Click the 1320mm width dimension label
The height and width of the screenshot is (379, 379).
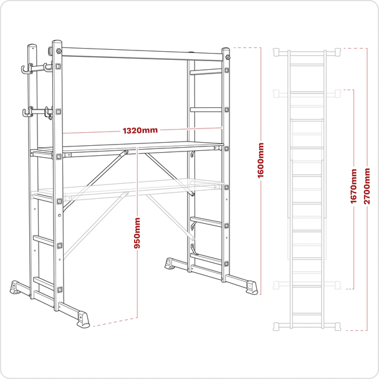point(140,131)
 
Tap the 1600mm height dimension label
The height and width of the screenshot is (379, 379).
point(261,159)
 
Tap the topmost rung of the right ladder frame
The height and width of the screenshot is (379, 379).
point(206,72)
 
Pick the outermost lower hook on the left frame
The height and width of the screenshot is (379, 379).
point(27,113)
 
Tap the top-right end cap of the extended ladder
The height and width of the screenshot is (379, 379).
point(337,51)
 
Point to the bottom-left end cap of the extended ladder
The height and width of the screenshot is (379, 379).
point(279,325)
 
